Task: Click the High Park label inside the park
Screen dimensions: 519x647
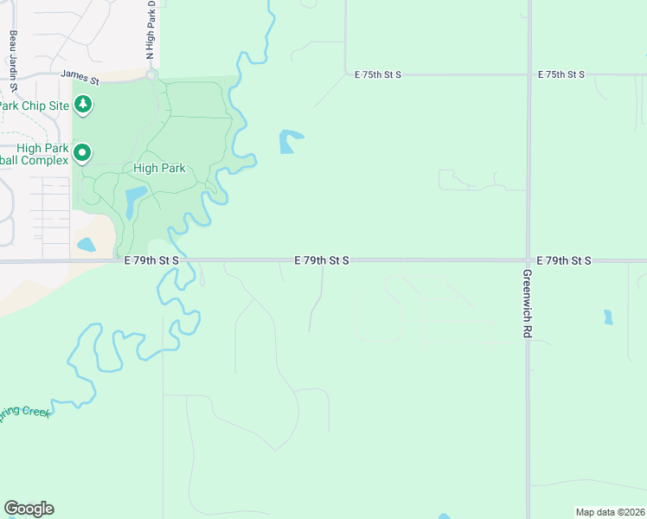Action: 160,168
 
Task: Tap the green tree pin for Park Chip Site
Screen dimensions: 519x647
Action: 83,106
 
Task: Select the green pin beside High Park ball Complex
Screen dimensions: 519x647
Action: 83,154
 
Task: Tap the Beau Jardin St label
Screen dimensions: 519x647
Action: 14,61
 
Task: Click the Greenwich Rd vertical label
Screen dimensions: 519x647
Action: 526,303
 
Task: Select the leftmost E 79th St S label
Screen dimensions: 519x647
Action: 151,259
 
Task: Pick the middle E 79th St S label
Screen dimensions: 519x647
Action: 322,259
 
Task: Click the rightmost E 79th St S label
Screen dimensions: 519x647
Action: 563,259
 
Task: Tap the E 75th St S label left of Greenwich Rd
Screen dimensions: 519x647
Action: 378,74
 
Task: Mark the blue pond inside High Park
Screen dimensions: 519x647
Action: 134,202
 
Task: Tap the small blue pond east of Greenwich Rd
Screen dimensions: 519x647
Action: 608,317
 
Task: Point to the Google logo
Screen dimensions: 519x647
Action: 29,509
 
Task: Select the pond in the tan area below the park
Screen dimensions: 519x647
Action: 86,245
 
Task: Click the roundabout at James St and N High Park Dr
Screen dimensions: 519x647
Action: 151,75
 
